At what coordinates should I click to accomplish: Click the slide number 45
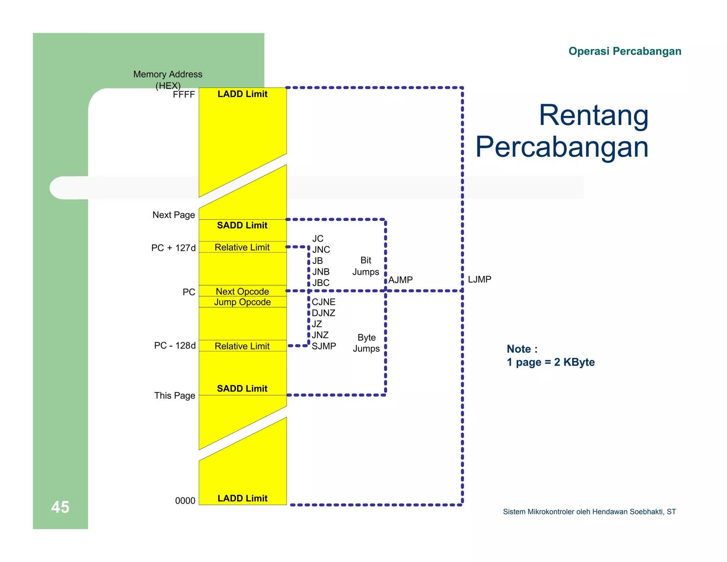point(60,507)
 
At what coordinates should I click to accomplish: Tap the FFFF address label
point(184,94)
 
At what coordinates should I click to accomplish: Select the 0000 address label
point(185,501)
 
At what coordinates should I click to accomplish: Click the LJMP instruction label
point(479,279)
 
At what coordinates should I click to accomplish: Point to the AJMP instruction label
point(400,280)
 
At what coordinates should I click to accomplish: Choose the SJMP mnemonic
point(324,346)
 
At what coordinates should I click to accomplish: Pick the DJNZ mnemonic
point(323,313)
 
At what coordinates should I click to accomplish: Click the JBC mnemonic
point(321,283)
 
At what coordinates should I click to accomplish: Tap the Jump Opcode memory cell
point(242,302)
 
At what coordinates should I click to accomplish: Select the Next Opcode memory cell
point(242,291)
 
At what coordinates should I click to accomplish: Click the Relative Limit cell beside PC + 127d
point(242,247)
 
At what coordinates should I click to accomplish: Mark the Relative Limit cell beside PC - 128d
point(242,346)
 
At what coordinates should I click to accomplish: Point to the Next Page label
point(174,215)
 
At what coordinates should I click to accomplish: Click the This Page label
point(175,395)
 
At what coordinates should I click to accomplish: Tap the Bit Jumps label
point(366,266)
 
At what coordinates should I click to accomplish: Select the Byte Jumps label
point(366,343)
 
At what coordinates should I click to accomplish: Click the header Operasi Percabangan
point(625,51)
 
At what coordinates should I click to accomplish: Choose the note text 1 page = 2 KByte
point(551,362)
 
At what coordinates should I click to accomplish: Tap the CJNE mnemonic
point(323,302)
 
